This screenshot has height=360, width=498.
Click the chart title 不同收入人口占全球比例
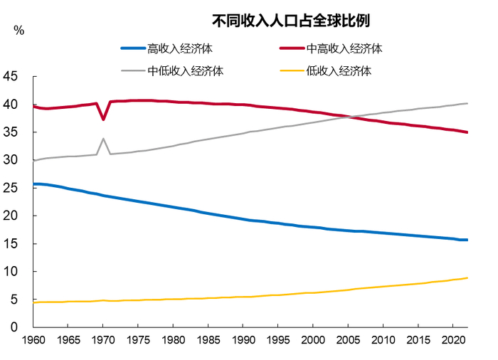pyautogui.click(x=292, y=19)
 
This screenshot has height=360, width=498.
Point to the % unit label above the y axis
pyautogui.click(x=18, y=31)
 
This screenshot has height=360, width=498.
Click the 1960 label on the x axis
pyautogui.click(x=33, y=340)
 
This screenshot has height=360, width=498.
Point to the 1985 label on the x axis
pyautogui.click(x=208, y=340)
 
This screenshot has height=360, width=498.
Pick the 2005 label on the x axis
pyautogui.click(x=348, y=340)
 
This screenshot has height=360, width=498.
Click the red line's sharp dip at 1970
pyautogui.click(x=103, y=119)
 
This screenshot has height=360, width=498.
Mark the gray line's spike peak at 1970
pyautogui.click(x=103, y=139)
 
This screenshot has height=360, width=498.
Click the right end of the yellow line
pyautogui.click(x=467, y=278)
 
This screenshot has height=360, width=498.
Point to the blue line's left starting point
pyautogui.click(x=33, y=184)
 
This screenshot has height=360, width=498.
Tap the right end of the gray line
pyautogui.click(x=467, y=103)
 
